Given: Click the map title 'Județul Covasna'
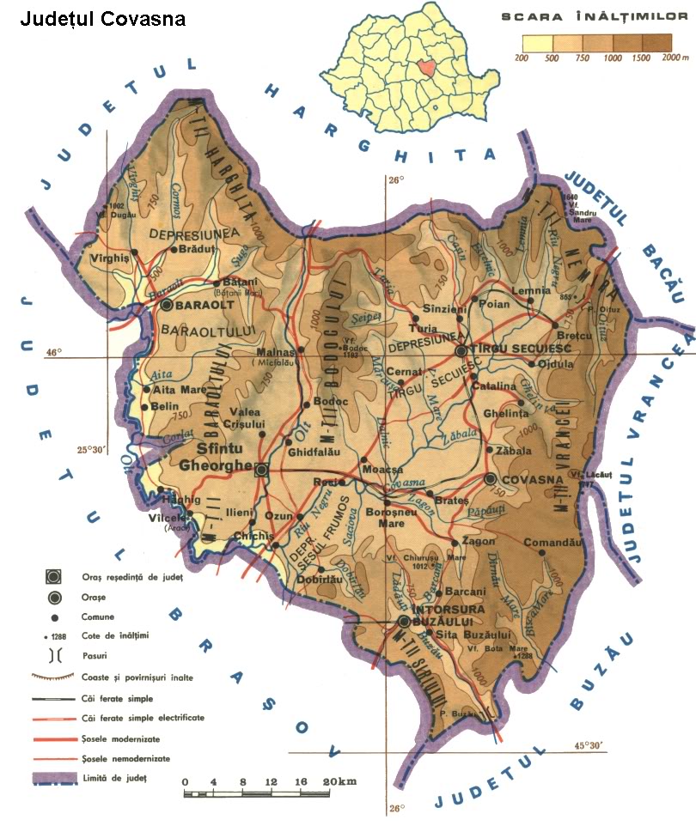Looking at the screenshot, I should point(102,19).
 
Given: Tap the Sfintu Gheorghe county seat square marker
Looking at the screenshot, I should point(262,470).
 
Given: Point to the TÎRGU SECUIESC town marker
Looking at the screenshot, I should point(461,351).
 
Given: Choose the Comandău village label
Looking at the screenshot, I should point(554,543).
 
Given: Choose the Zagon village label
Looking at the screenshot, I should point(478,542).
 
